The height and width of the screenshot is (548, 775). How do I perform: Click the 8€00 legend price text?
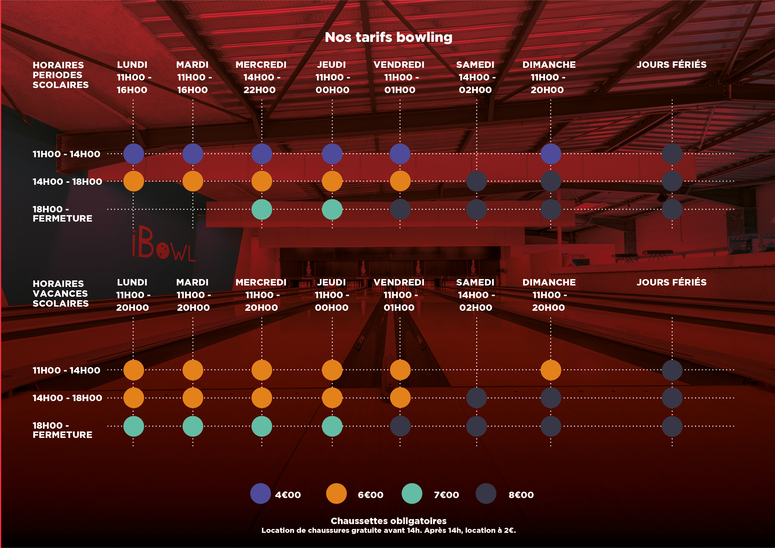[521, 495]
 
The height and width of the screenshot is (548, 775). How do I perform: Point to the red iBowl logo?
[163, 245]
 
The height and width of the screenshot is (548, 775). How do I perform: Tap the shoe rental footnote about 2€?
[388, 531]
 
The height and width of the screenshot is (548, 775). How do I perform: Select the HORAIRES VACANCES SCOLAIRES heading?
[61, 293]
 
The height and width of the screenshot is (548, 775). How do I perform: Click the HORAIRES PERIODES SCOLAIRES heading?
[61, 75]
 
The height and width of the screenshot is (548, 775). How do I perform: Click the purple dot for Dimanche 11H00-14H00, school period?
[551, 154]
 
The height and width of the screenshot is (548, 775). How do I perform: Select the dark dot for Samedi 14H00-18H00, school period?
[476, 181]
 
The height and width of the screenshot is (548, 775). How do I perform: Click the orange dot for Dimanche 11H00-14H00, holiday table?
[551, 370]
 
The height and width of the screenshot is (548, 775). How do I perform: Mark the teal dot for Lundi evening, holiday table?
[134, 426]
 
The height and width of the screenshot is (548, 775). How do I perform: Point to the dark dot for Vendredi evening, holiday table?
[400, 426]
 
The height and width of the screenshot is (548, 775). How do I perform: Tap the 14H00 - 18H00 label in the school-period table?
[67, 182]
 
